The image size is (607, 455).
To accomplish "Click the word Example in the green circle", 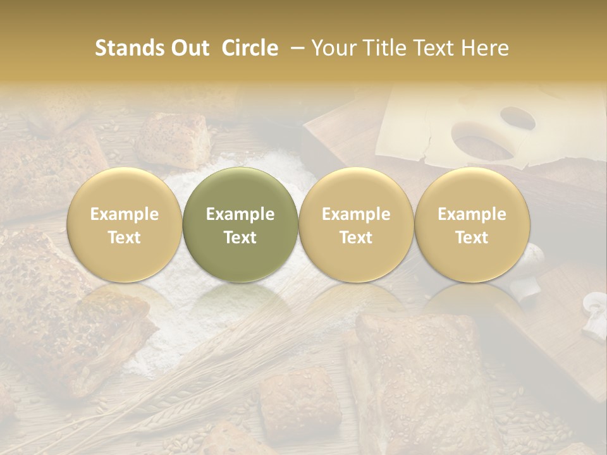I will (240, 214).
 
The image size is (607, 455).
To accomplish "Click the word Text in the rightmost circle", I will (472, 238).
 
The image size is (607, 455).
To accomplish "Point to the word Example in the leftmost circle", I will (125, 214).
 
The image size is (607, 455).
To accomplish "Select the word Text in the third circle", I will (356, 238).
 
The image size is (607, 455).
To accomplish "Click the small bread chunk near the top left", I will (172, 139).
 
